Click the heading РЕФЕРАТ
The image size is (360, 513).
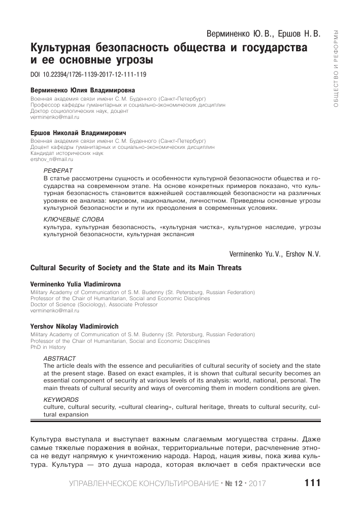coord(58,170)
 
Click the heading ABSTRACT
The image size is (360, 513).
coord(59,358)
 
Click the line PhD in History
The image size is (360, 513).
coord(49,347)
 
